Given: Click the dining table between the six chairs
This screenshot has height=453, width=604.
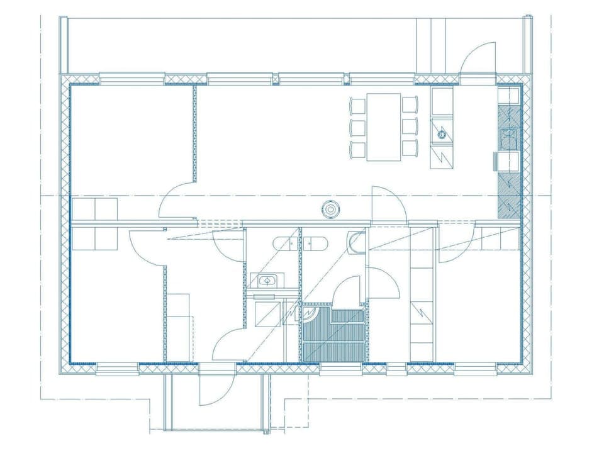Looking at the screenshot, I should [x=384, y=126].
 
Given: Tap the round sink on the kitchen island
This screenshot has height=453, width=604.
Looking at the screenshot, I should [x=442, y=133].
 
